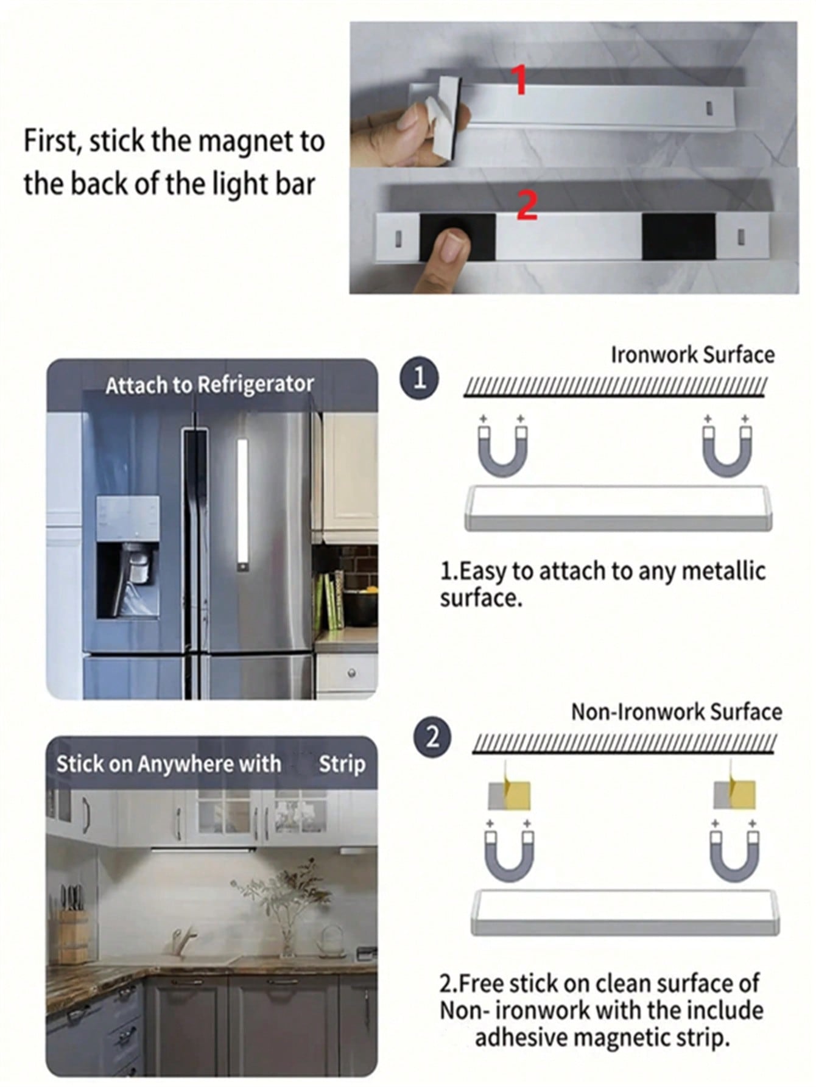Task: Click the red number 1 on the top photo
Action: click(x=519, y=81)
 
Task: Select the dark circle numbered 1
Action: click(x=419, y=379)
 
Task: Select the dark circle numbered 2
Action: click(x=432, y=737)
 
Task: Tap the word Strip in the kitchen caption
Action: click(x=342, y=764)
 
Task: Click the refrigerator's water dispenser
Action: click(x=128, y=555)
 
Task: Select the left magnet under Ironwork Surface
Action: click(x=502, y=448)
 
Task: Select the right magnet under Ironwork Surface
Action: click(x=727, y=448)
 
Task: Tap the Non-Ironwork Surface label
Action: click(x=677, y=711)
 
